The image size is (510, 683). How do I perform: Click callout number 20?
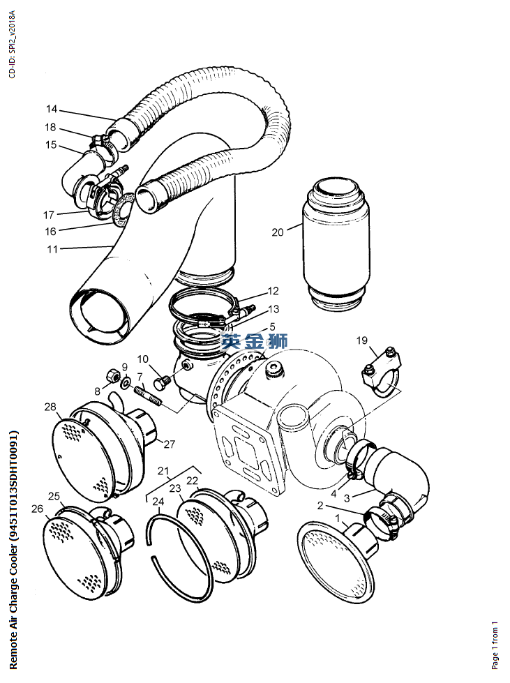tap(278, 232)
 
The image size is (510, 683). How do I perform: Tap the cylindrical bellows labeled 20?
tap(336, 244)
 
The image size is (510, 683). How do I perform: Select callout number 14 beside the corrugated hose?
tap(52, 109)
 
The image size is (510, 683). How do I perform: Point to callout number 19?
tap(362, 340)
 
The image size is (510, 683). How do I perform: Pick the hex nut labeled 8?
tap(113, 375)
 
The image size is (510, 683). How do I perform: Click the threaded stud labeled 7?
tap(149, 394)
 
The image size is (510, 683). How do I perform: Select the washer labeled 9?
tap(126, 382)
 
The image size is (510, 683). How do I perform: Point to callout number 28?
tap(50, 407)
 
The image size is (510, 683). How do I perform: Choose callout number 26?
tap(38, 509)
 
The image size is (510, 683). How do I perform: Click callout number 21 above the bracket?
tap(163, 471)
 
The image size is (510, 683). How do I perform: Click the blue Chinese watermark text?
tap(254, 341)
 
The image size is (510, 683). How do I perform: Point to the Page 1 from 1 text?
tap(495, 645)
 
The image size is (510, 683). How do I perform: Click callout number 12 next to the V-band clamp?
tap(273, 290)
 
